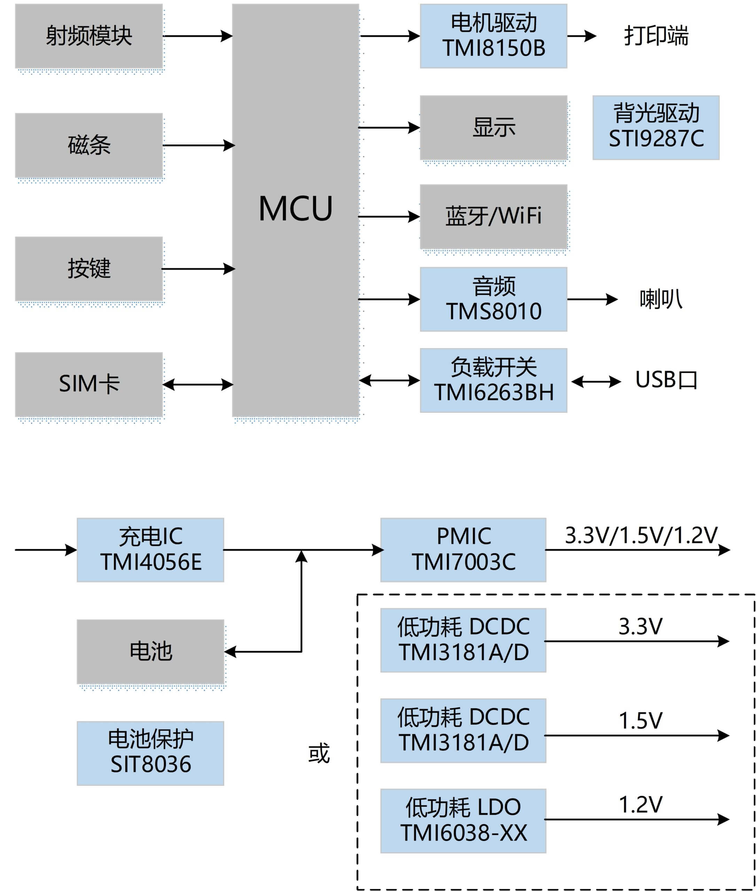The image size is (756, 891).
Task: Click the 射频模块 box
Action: click(89, 36)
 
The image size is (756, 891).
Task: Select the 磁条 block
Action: click(89, 145)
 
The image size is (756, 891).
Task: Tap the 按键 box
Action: click(89, 269)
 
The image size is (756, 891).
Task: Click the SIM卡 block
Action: click(89, 384)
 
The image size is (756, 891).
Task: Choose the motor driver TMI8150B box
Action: click(493, 36)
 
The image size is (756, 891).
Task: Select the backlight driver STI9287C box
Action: click(656, 127)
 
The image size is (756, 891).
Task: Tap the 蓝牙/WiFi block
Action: click(493, 216)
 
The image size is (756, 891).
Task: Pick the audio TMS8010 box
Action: click(493, 299)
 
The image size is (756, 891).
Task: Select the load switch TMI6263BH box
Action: click(493, 380)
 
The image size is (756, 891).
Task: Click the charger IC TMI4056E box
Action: click(150, 550)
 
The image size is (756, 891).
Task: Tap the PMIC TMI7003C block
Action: click(463, 550)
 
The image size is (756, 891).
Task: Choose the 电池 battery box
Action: click(150, 652)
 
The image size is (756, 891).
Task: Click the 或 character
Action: click(319, 754)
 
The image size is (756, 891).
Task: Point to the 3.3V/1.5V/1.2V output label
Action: click(641, 535)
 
